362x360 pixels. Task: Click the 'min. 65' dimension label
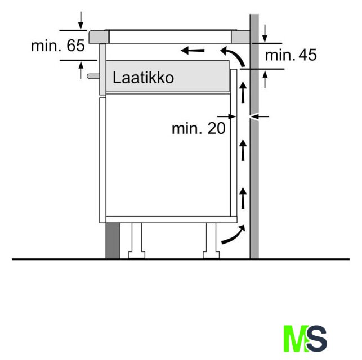coord(58,46)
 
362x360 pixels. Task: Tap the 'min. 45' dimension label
coord(291,55)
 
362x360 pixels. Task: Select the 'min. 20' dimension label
coord(199,128)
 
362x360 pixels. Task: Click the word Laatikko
coord(143,78)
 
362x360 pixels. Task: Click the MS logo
coord(305,338)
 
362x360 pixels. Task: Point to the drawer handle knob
coord(93,76)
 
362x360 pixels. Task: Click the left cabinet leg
coord(137,241)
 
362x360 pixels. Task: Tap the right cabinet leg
coord(211,241)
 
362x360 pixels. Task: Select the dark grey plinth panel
coord(113,241)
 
